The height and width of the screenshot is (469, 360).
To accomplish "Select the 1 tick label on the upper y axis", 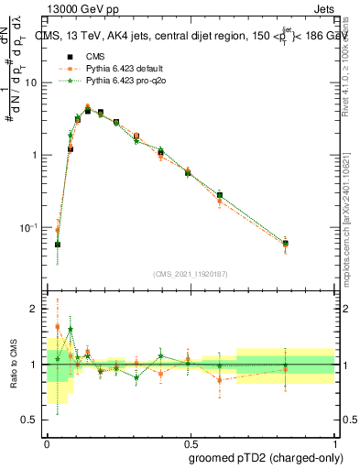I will [38, 155].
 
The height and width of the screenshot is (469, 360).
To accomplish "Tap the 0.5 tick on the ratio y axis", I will [32, 420].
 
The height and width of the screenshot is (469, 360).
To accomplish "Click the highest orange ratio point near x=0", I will [58, 326].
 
